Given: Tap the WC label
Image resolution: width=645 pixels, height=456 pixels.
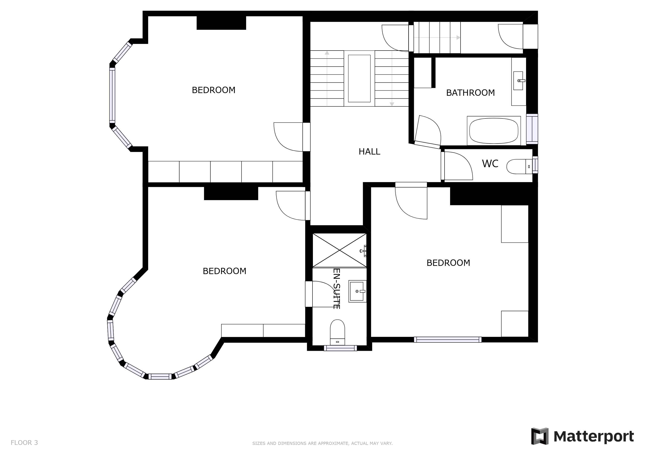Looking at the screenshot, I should [x=490, y=164].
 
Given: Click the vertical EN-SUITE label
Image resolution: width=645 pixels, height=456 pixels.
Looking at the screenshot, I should [x=336, y=289].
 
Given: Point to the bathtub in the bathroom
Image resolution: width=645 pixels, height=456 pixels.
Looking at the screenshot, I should [x=494, y=131].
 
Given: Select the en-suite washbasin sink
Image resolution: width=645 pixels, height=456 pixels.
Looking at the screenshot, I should [x=357, y=291].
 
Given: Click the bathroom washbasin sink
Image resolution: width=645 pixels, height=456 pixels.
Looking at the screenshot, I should [x=518, y=81].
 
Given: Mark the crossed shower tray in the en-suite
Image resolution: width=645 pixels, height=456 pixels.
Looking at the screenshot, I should [x=339, y=250].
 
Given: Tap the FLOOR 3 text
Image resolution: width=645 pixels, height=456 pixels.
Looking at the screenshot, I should [x=24, y=443].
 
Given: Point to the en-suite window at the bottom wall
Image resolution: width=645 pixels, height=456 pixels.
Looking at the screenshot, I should [x=340, y=348].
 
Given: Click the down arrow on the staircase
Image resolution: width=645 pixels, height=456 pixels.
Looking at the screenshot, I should [x=392, y=104].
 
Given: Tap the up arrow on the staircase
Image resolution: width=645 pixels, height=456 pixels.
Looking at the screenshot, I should [x=327, y=53].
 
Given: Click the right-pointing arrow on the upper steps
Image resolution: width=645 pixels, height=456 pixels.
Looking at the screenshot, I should [x=458, y=38].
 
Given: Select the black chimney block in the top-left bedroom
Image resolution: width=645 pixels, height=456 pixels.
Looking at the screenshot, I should [x=221, y=23].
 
